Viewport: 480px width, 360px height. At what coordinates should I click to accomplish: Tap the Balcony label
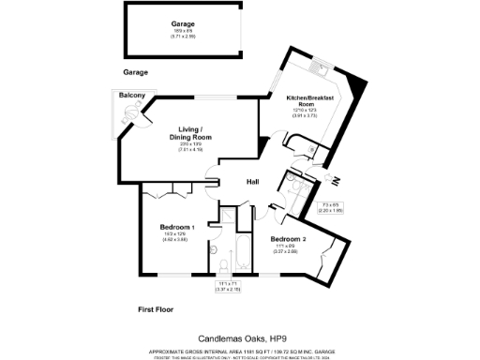(130, 96)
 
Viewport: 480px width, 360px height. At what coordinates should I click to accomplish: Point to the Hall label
(253, 182)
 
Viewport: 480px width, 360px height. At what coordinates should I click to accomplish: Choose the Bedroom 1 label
(177, 228)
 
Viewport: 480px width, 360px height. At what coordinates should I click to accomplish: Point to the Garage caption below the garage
(136, 71)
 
